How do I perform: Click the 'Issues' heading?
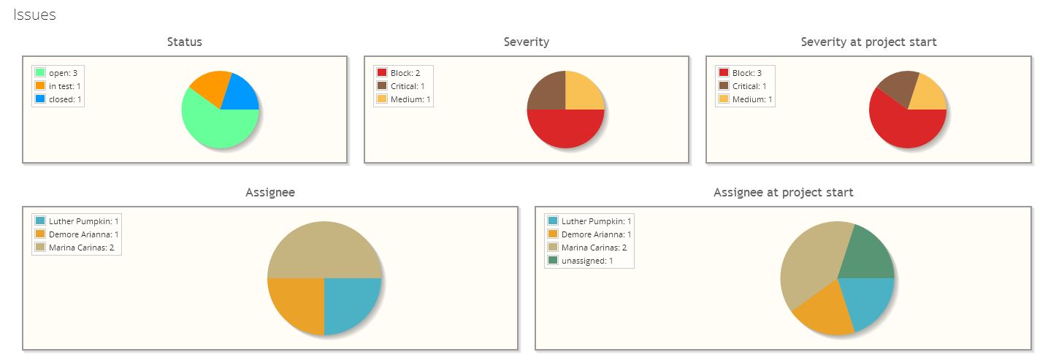(x=34, y=15)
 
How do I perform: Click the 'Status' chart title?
(x=184, y=42)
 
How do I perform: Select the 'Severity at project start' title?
(x=868, y=42)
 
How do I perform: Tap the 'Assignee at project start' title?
(x=783, y=192)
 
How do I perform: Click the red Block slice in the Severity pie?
(x=565, y=129)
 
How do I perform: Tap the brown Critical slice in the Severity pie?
(x=546, y=91)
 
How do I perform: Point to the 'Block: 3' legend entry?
(x=747, y=72)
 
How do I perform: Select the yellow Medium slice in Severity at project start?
(x=930, y=93)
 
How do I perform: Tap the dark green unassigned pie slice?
(x=868, y=252)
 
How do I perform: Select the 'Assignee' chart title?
(x=270, y=192)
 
